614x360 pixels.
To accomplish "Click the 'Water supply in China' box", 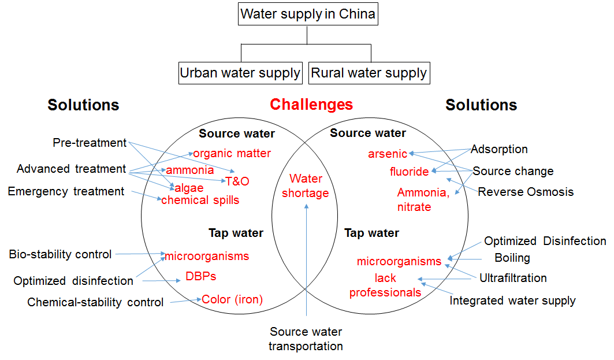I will tap(308, 14).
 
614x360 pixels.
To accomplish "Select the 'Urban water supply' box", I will tap(240, 73).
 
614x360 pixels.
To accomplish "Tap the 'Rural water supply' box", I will tap(369, 73).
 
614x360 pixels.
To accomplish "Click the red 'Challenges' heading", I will tap(311, 105).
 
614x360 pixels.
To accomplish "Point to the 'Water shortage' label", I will tap(306, 185).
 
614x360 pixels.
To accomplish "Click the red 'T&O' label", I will tap(237, 181).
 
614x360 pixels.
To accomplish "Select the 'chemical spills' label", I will tap(200, 200).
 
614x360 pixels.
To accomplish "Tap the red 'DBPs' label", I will tap(200, 276).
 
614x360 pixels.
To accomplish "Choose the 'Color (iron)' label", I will tap(232, 299).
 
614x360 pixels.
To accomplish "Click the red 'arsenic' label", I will tap(388, 154).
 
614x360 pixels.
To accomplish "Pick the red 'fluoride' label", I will tap(409, 172).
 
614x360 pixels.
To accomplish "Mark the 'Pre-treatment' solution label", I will tap(90, 142).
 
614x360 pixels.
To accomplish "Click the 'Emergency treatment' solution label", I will tap(66, 191).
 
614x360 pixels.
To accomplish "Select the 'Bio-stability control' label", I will tap(60, 254).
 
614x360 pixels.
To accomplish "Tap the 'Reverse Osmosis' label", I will tap(526, 191).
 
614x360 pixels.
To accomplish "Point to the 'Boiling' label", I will tap(512, 258).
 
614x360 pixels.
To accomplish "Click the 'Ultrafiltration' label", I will tap(513, 278).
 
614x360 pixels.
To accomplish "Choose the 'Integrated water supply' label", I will tap(512, 300).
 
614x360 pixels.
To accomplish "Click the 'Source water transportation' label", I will tap(306, 339).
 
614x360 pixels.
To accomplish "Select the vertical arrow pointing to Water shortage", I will tap(306, 260).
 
